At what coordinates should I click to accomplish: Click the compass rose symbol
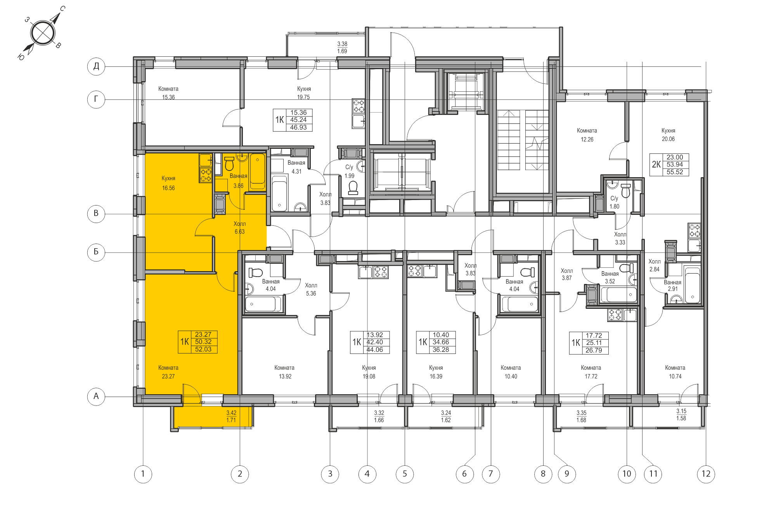(x=42, y=33)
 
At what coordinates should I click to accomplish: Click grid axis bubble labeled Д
(x=96, y=66)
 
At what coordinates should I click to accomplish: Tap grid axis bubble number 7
(x=491, y=474)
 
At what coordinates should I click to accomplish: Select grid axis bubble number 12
(x=706, y=474)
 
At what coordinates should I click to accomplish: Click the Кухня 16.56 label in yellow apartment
(x=168, y=183)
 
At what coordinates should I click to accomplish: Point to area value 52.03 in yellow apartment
(x=203, y=349)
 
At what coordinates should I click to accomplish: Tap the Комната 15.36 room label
(x=168, y=93)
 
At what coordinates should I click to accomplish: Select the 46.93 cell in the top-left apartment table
(x=298, y=127)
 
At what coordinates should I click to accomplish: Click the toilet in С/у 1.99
(x=353, y=188)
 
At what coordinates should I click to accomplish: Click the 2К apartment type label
(x=656, y=164)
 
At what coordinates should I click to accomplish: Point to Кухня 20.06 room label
(x=668, y=135)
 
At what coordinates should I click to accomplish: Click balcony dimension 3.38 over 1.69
(x=342, y=47)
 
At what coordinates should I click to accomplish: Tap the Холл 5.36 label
(x=311, y=289)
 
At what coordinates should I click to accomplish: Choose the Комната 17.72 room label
(x=591, y=372)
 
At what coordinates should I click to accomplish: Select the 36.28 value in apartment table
(x=441, y=350)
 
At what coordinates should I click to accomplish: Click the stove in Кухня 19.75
(x=359, y=106)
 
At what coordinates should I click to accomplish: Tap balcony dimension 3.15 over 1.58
(x=681, y=414)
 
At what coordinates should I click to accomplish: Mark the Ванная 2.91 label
(x=672, y=286)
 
